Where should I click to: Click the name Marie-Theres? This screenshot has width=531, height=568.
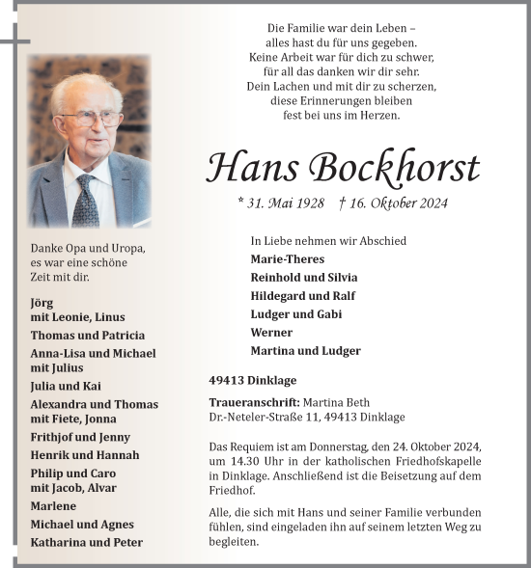point(287,258)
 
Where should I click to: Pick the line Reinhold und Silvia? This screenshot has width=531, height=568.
point(303,277)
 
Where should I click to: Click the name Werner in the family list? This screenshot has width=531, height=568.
point(271,332)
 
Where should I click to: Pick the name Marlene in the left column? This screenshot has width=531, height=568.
point(54,505)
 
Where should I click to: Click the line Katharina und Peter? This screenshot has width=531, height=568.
point(86,542)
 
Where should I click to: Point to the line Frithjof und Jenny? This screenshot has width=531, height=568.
point(80,437)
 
